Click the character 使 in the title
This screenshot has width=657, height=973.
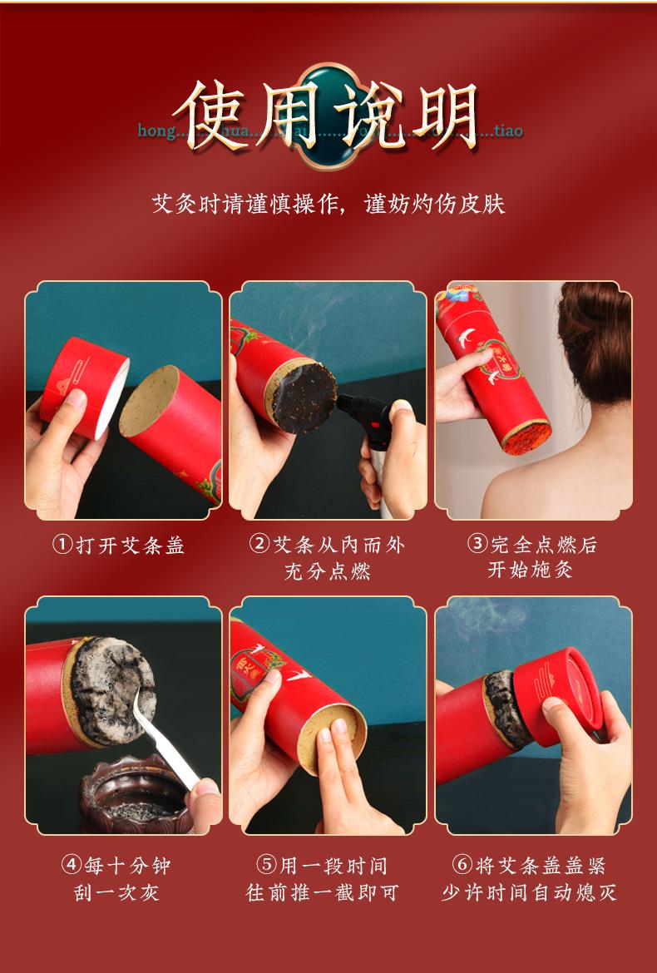click(219, 116)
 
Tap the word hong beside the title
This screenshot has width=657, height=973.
click(156, 131)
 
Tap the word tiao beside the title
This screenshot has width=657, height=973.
click(507, 131)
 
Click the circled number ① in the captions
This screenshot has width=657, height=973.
click(62, 546)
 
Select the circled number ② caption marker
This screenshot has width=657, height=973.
click(259, 545)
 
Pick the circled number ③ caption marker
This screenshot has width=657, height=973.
click(477, 545)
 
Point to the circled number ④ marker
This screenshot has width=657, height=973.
click(72, 866)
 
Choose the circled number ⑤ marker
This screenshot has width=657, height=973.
click(267, 866)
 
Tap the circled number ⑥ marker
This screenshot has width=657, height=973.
click(462, 866)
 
